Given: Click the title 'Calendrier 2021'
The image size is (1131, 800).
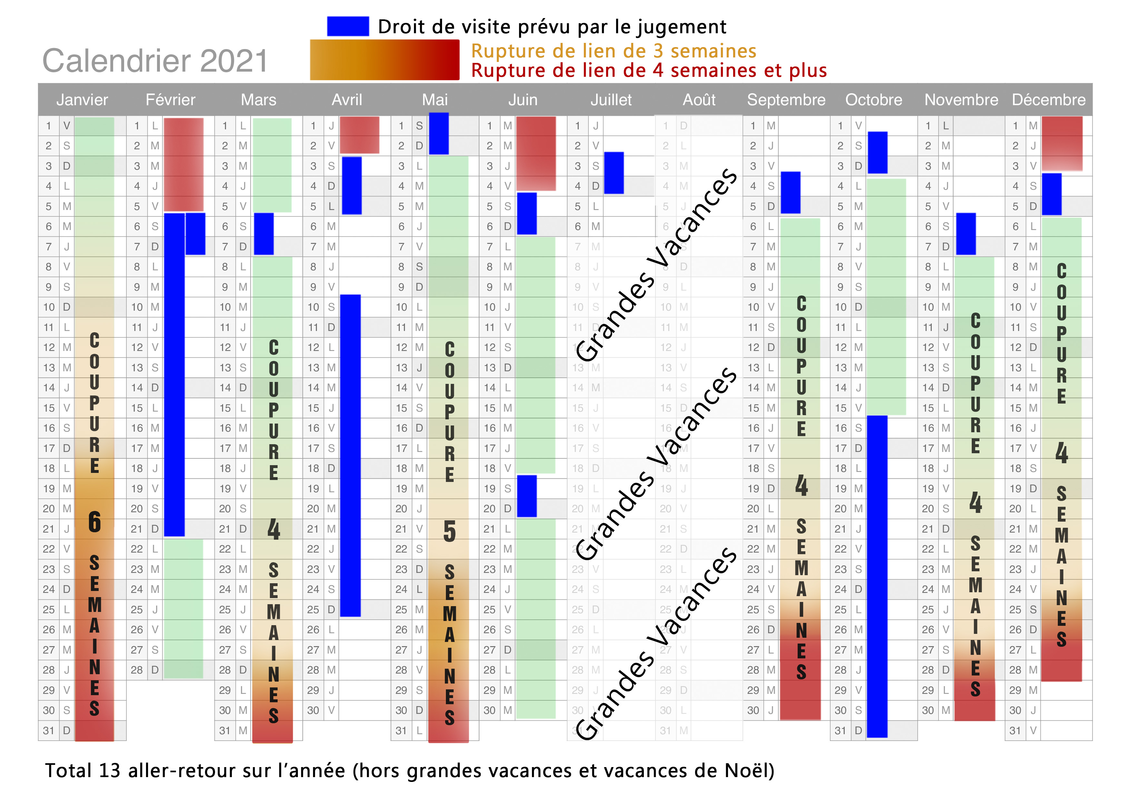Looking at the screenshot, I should click(155, 61).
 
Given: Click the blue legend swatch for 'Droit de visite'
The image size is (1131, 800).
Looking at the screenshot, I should click(348, 26).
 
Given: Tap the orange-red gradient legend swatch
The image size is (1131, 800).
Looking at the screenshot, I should click(384, 60).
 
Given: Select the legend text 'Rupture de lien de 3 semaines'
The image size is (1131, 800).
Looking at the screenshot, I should click(613, 51).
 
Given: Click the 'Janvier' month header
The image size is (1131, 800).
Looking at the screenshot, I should click(82, 100).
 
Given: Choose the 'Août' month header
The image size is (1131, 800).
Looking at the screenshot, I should click(699, 100).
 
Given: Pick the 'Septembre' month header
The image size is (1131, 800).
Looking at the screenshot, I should click(786, 100).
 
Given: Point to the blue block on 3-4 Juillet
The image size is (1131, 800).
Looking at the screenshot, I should click(614, 173).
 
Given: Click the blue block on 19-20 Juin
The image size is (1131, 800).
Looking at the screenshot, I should click(526, 496).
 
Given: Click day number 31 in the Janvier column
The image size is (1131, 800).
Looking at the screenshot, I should click(48, 731).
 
